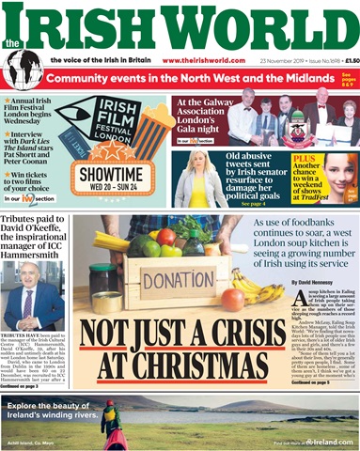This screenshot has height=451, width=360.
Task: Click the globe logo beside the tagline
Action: coord(23,68)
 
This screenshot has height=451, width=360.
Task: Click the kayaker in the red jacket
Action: coord(111,419)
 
